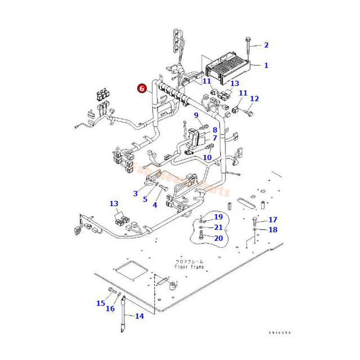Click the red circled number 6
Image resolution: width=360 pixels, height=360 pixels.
click(x=141, y=88)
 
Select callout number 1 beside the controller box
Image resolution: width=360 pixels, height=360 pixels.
click(x=266, y=65)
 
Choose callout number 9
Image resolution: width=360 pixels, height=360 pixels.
click(x=197, y=115)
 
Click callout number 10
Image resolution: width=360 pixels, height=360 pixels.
click(x=207, y=158)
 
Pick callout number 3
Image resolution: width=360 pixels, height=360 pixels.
click(x=136, y=193)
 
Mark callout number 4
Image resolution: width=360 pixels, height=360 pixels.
click(x=155, y=205)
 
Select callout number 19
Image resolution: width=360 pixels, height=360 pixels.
click(x=218, y=217)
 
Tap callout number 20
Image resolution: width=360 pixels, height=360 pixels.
click(x=218, y=238)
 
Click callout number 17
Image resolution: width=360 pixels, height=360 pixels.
click(x=273, y=219)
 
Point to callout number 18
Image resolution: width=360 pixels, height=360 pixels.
click(x=273, y=229)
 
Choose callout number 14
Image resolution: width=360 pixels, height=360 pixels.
click(x=139, y=316)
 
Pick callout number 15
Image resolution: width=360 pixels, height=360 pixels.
click(x=100, y=303)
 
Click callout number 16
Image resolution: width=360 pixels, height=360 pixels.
click(x=110, y=308)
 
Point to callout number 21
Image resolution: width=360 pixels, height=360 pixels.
click(x=218, y=227)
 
